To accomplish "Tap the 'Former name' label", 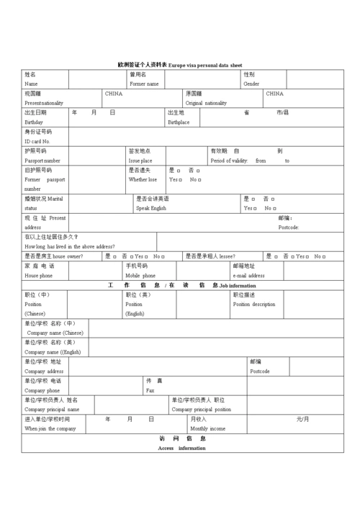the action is (144, 84).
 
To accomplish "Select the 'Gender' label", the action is (251, 84).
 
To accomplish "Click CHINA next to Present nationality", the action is (114, 94).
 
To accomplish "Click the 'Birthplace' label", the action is (179, 122).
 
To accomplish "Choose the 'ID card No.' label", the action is (37, 141).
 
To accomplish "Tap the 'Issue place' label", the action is (140, 161).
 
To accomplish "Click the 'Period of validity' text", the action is (229, 161).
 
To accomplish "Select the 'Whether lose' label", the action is (143, 179).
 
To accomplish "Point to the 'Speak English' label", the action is (151, 208).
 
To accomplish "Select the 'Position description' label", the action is (253, 304).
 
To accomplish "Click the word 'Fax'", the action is (150, 390).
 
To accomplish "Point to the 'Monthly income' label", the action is (207, 428).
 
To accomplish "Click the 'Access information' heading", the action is (181, 448).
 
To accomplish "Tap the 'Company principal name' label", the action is (52, 409).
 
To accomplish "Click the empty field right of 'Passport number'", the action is (95, 156).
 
